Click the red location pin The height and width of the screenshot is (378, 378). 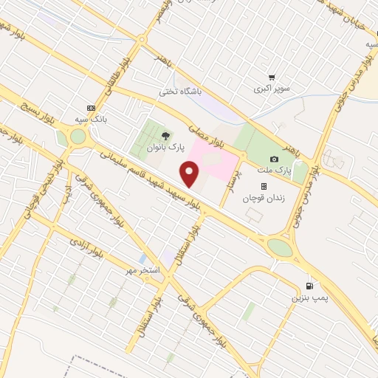tap(190, 174)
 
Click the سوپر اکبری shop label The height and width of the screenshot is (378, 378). tap(272, 89)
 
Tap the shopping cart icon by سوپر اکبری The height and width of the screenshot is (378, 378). tap(272, 78)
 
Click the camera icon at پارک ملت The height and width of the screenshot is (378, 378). tap(275, 159)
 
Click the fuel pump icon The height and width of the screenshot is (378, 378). tap(308, 286)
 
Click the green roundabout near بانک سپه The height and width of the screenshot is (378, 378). tap(78, 137)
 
